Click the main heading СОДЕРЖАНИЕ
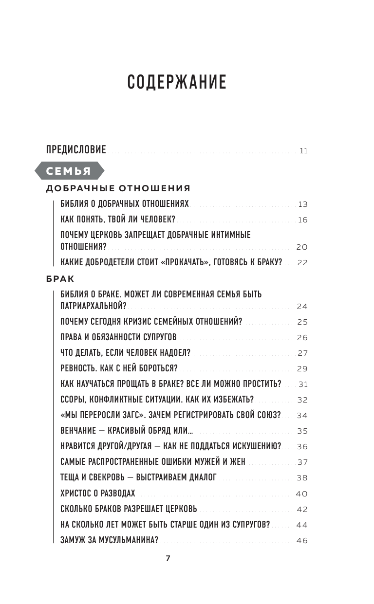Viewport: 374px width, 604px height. [177, 83]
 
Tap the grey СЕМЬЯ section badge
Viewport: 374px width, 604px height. [69, 171]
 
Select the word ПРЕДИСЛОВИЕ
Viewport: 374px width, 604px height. [76, 150]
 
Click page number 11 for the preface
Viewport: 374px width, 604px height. [303, 151]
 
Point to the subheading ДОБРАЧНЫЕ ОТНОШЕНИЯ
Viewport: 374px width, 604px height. [118, 188]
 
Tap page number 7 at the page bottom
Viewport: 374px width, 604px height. [168, 559]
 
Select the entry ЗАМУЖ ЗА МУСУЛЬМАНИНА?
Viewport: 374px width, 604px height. [110, 540]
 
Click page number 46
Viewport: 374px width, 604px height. [302, 540]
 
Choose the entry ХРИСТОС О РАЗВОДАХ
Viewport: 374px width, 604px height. [98, 493]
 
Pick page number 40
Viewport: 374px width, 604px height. [302, 494]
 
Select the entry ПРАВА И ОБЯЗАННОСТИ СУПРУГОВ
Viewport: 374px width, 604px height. [118, 337]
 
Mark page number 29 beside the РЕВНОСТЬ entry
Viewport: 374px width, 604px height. [302, 368]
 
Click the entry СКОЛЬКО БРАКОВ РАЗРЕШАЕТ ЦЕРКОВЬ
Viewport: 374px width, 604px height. [129, 509]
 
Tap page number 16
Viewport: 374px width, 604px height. [302, 220]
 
